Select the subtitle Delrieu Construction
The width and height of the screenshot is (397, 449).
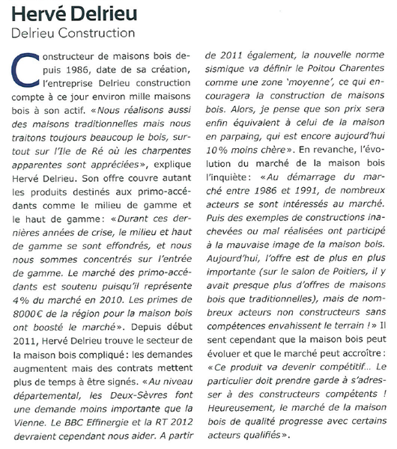[73, 33]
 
